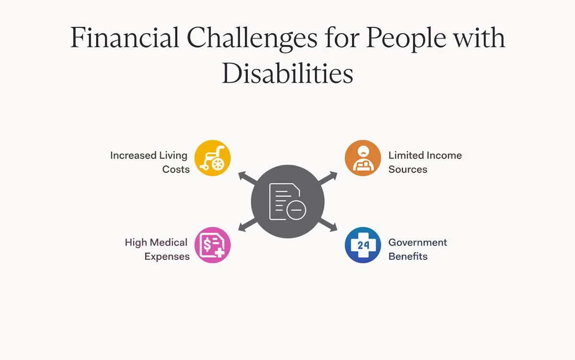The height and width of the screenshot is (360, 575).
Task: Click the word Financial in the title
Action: pos(125,37)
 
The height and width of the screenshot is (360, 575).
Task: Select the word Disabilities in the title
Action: pos(287,73)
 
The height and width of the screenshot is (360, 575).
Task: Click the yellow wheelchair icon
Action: pos(213,158)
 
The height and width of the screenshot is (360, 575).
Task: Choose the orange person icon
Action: pos(363,158)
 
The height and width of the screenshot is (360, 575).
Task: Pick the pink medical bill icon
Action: pos(213,245)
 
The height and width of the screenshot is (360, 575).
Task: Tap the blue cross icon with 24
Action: pos(363,245)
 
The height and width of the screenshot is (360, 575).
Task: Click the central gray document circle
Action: pos(288,201)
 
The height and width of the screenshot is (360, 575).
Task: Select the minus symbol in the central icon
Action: pos(296,210)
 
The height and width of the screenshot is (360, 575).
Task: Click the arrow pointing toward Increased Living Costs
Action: pos(247,178)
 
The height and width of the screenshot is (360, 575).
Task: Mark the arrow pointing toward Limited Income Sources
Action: pos(328,178)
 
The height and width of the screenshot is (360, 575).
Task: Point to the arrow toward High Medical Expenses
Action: pos(247,225)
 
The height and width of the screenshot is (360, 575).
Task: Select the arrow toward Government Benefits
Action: pos(328,225)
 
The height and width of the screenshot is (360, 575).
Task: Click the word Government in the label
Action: pos(418,243)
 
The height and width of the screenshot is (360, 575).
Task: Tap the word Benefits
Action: pos(408,256)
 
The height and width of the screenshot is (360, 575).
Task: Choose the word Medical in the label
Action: pos(169,243)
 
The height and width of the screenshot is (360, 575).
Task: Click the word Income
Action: pos(444,155)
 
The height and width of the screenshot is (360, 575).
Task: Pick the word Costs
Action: pos(176,170)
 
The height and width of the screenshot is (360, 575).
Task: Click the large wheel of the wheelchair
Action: pos(218,164)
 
